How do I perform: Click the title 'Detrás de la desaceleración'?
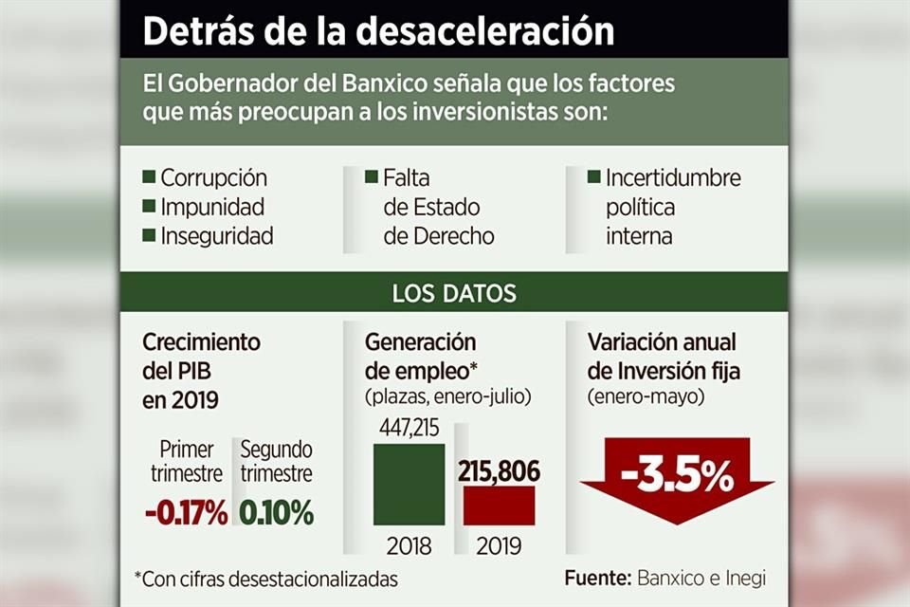pos(378,30)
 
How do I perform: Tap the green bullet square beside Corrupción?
pos(148,177)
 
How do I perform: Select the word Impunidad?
pos(212,207)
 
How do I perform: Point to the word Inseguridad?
pos(217,236)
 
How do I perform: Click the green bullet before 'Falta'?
pos(372,176)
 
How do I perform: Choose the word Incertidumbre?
pos(673,177)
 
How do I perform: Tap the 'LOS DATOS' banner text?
pos(454,293)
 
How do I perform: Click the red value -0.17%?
pos(186,513)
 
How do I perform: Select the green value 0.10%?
pos(276,513)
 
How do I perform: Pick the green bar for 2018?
pos(409,484)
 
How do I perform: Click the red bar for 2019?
pos(499,506)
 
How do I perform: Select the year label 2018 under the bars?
pos(409,547)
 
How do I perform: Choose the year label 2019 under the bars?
pos(498,547)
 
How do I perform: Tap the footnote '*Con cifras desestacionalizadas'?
pos(266,578)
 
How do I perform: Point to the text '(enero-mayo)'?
pos(646,397)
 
